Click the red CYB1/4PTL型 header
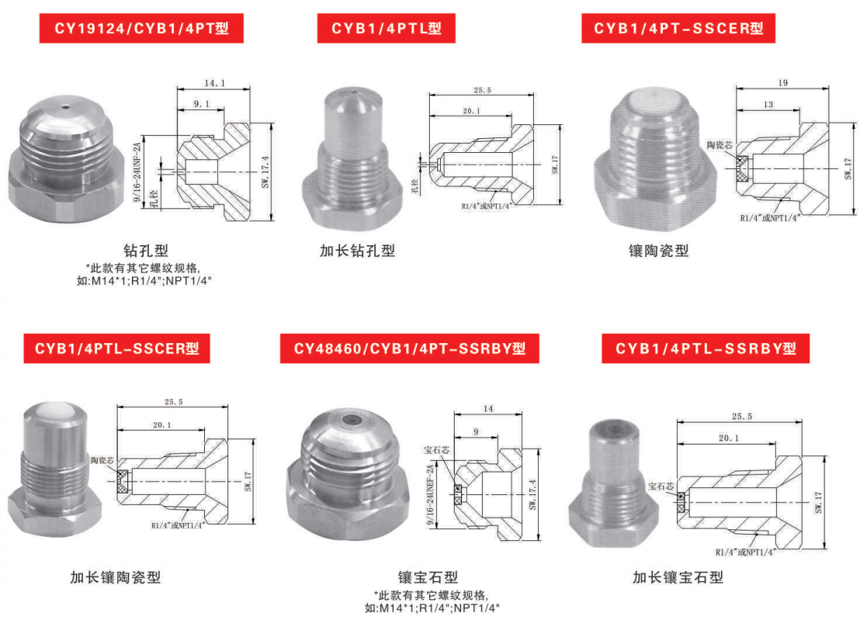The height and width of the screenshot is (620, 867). click(386, 29)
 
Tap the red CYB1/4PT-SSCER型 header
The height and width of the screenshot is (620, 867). click(678, 29)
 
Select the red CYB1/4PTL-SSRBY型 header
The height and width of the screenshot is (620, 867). click(706, 348)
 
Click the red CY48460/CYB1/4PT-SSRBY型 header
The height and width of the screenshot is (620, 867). click(409, 348)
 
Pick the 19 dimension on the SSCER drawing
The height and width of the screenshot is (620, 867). click(782, 82)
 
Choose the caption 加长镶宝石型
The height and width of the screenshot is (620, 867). click(677, 577)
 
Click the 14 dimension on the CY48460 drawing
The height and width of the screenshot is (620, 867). click(487, 408)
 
